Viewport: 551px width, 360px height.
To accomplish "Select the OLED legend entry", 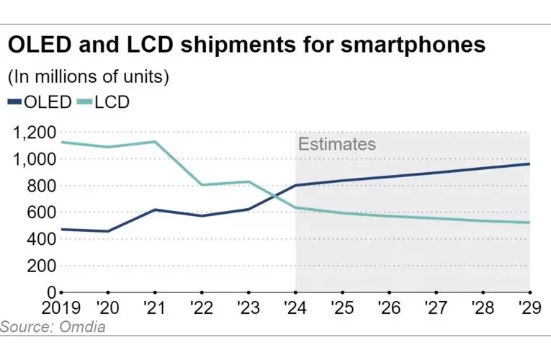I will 40,102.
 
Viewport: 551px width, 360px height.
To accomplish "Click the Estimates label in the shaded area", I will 337,144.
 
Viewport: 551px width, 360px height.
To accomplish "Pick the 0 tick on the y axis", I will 51,292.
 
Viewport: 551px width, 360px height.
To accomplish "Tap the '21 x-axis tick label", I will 154,308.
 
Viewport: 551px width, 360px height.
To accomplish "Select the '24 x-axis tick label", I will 295,308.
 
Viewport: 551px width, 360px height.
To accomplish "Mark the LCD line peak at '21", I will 154,141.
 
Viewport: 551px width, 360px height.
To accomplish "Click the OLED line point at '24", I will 295,185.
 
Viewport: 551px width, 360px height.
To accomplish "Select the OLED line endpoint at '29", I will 529,164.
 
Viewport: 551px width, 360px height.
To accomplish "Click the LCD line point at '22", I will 202,185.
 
